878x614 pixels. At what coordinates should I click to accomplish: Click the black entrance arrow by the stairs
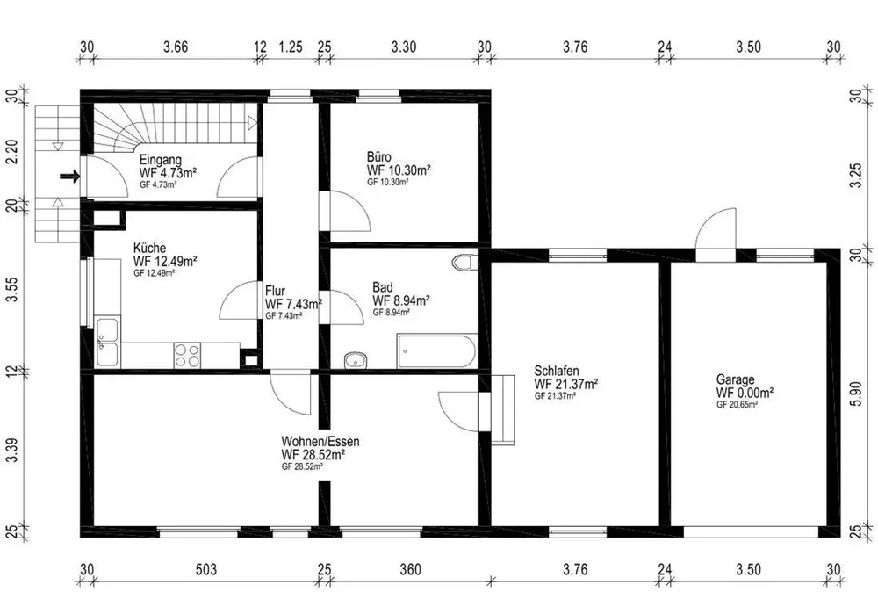click(x=69, y=177)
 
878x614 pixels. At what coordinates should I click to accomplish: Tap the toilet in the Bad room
click(x=464, y=262)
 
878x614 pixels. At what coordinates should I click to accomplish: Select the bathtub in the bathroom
click(x=436, y=352)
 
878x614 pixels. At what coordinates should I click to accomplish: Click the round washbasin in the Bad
click(x=355, y=360)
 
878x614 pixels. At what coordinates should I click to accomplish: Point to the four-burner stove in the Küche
click(x=187, y=355)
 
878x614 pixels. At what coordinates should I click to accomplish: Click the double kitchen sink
click(x=107, y=342)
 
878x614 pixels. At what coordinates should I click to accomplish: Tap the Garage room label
click(x=735, y=379)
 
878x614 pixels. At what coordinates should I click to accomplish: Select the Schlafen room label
click(x=557, y=371)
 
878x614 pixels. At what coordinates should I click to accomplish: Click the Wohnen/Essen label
click(x=320, y=442)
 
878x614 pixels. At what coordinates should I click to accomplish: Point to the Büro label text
click(x=379, y=157)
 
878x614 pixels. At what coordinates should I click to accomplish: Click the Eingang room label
click(x=160, y=160)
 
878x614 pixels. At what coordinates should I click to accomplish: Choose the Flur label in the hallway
click(x=275, y=292)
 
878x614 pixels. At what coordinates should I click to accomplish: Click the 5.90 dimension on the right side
click(x=856, y=391)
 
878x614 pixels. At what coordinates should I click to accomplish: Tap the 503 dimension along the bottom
click(x=206, y=570)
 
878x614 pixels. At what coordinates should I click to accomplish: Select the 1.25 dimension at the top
click(x=291, y=47)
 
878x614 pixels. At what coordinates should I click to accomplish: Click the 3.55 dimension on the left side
click(x=12, y=288)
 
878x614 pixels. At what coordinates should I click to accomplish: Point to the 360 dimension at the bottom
click(x=410, y=570)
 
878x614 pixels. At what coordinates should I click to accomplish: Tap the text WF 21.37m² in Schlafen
click(x=566, y=385)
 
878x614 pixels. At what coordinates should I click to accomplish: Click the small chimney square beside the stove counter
click(x=250, y=358)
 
